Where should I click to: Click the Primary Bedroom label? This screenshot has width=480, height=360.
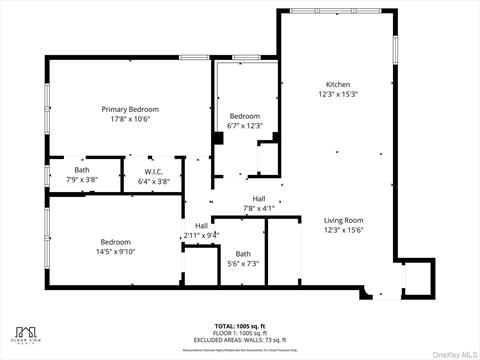pos(130,109)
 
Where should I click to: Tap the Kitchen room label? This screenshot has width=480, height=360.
pos(338,84)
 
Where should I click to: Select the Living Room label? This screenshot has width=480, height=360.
pos(343,220)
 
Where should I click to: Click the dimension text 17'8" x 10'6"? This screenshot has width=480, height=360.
pos(130,119)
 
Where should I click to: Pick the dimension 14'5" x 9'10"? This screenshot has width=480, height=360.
pos(115,251)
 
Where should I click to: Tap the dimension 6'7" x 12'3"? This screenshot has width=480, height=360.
pos(244,126)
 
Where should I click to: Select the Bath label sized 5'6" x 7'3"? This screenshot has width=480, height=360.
pos(243,254)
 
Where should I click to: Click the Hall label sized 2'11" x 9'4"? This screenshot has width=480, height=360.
pos(201,225)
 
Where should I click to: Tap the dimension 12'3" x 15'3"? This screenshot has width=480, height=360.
pos(338,94)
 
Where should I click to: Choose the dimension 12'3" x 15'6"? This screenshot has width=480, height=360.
pos(343,230)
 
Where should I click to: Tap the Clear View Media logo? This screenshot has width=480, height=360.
pos(27,334)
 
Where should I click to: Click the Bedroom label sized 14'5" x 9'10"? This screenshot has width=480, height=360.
pos(115,241)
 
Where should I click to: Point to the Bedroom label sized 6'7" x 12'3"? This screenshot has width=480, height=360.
pos(244,116)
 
